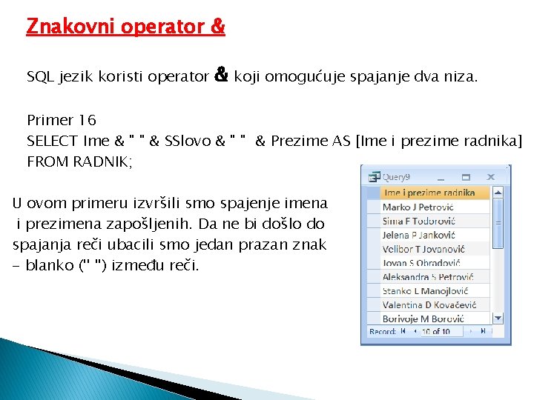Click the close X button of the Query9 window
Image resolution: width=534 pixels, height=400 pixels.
point(489,177)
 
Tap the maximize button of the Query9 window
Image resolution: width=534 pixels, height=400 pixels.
point(467,177)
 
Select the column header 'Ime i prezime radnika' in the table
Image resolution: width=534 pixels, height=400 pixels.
point(429,193)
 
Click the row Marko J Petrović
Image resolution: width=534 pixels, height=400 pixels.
point(418,207)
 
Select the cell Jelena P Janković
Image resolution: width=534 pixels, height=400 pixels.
point(418,235)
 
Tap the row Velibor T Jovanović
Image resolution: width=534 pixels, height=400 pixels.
point(423,249)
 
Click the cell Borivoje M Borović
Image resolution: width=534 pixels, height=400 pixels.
point(423,319)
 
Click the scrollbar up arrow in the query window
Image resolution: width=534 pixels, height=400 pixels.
point(498,193)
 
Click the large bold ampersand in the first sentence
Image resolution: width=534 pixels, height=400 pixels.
point(220,75)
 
